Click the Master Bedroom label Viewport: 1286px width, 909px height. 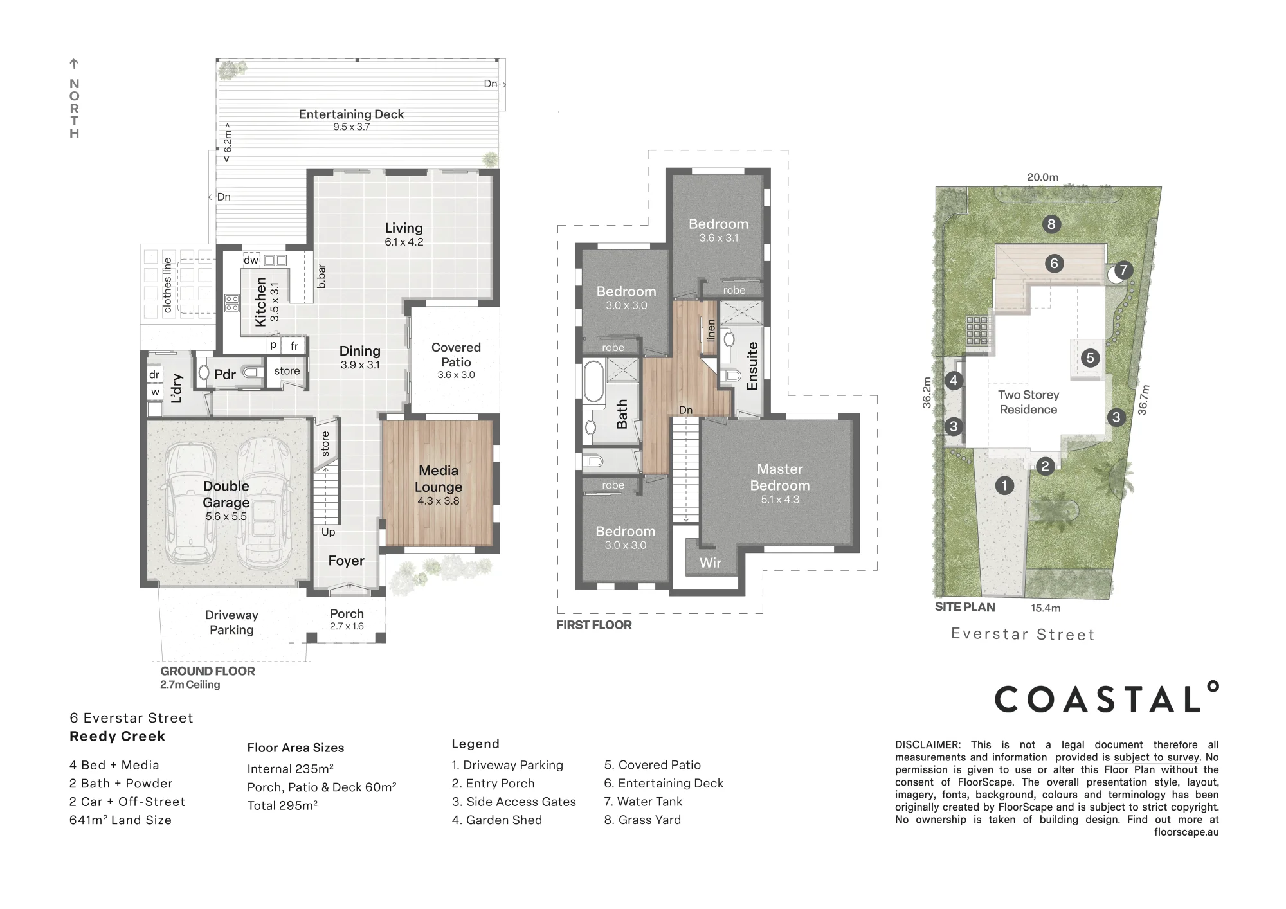pos(780,477)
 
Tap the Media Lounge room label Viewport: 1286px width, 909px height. pos(439,478)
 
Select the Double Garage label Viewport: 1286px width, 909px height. pos(226,494)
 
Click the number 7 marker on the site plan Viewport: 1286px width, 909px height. pos(1123,270)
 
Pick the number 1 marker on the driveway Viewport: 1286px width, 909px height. pos(1004,485)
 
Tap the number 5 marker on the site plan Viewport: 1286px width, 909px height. pos(1090,357)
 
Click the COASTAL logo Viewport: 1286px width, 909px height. pos(1106,697)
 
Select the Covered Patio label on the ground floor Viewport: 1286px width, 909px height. pos(456,355)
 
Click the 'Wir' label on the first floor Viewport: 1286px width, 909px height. pos(710,562)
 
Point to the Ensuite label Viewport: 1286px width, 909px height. pos(752,366)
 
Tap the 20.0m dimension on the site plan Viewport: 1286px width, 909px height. pos(1042,177)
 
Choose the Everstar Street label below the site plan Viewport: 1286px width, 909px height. pos(1023,634)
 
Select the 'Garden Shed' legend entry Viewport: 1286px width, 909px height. pos(497,820)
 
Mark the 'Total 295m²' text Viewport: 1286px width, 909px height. pos(282,806)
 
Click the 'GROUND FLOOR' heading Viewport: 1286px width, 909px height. pos(208,670)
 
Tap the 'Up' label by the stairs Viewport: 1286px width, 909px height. pos(328,532)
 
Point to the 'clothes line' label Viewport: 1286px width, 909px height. pos(168,285)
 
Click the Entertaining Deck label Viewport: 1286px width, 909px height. pos(352,114)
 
